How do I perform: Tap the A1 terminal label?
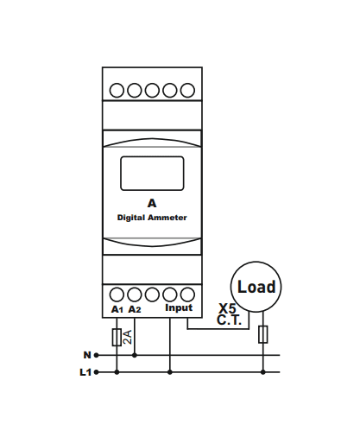[117, 309]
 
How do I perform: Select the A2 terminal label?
[135, 309]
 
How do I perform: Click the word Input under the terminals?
[179, 307]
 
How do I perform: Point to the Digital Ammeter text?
[152, 218]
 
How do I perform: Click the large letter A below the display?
[152, 203]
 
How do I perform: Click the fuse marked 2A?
[117, 337]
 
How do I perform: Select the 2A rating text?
[128, 337]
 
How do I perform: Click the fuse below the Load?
[263, 334]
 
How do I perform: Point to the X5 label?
[227, 308]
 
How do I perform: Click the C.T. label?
[229, 320]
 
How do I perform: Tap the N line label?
[87, 355]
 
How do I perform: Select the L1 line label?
[85, 372]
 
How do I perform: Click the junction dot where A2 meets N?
[135, 355]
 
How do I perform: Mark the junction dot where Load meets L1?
[263, 372]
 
